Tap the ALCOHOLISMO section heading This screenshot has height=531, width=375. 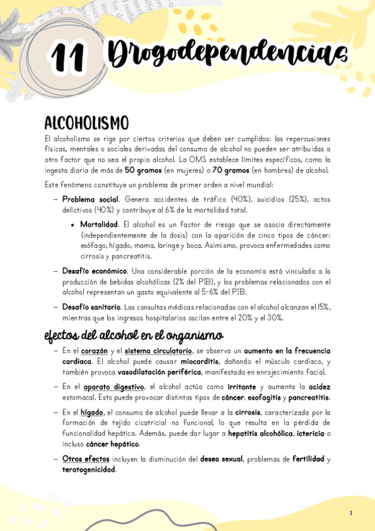(86, 123)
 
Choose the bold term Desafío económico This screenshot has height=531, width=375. (95, 271)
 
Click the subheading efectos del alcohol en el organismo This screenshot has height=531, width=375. (134, 336)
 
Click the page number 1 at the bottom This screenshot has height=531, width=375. (351, 513)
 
